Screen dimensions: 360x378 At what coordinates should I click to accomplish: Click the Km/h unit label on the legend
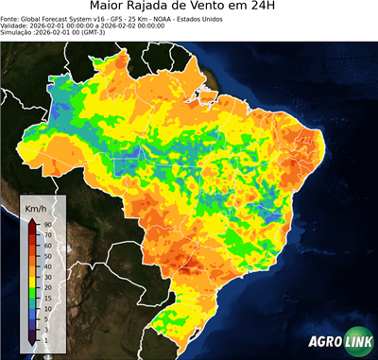[36, 207]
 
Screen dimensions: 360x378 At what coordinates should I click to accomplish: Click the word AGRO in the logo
[324, 342]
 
